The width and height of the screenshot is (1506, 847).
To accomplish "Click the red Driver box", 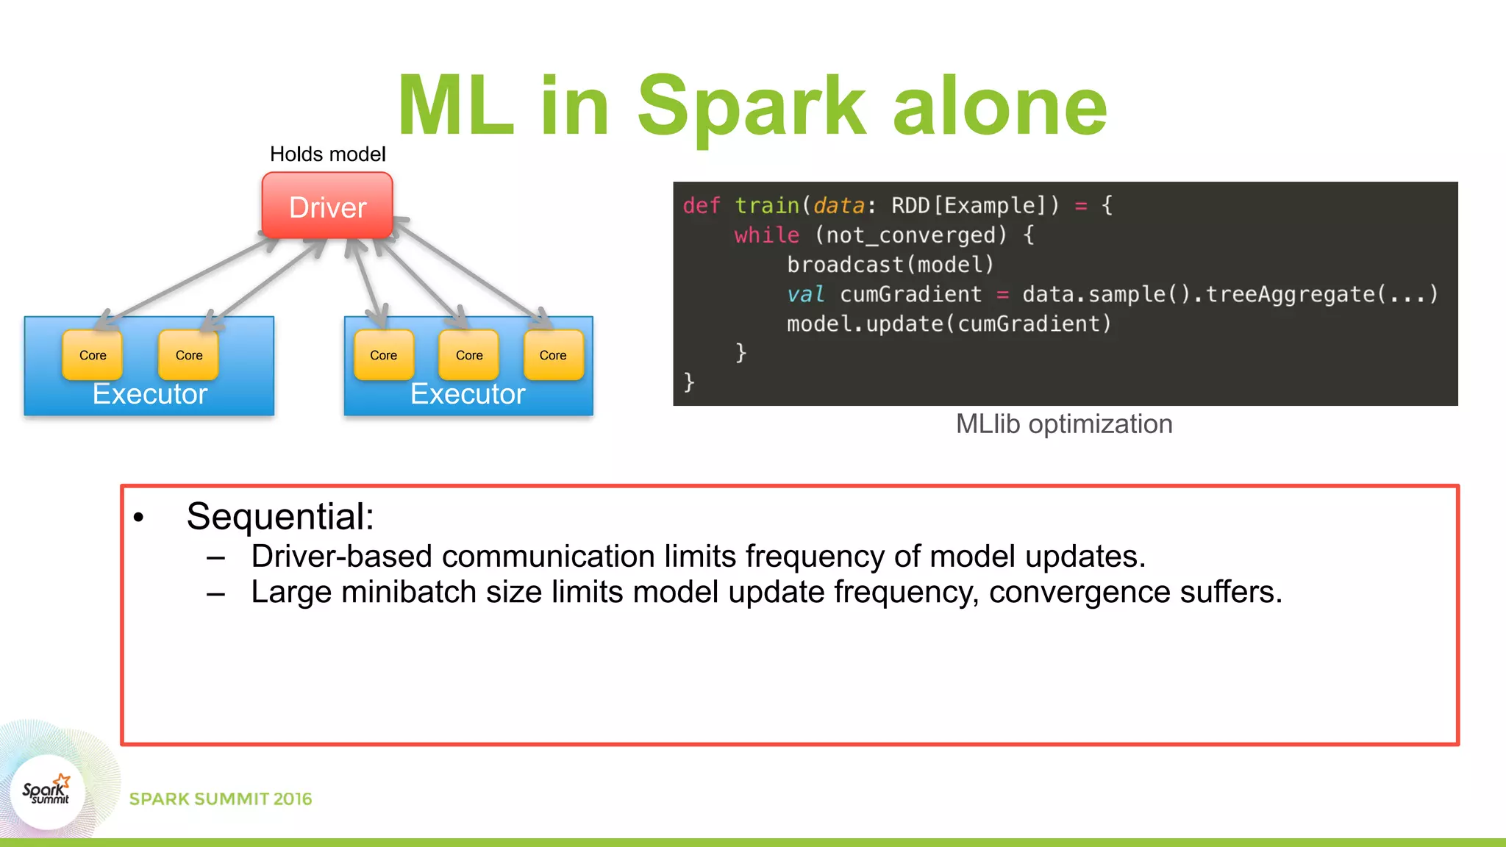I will click(327, 206).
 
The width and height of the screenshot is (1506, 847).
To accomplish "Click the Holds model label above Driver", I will click(327, 154).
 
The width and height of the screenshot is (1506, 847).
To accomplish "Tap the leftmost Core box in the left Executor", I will click(93, 355).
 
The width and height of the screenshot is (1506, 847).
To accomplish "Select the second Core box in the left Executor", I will click(189, 355).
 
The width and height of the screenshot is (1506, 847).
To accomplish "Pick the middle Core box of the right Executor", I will click(469, 355).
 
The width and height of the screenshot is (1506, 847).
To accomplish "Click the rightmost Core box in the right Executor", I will click(553, 355).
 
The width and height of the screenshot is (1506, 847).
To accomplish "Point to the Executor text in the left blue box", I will click(150, 394).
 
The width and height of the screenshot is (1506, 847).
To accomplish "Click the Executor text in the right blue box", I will click(468, 394).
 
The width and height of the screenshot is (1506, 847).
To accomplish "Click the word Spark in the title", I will click(752, 107).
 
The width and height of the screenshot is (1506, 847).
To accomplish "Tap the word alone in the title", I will click(1000, 107).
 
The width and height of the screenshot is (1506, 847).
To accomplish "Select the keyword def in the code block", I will click(702, 205).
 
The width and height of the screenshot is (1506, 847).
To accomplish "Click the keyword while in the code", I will click(766, 235).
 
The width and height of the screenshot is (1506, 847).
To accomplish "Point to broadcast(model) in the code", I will click(890, 265).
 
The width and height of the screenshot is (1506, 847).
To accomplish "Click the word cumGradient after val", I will click(910, 294).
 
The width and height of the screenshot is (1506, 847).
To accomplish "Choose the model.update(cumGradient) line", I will click(949, 324).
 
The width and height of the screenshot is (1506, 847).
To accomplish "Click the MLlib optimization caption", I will click(1063, 424).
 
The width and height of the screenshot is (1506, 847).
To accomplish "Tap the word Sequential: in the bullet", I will click(280, 516).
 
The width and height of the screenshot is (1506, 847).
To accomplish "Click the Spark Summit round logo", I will click(47, 791).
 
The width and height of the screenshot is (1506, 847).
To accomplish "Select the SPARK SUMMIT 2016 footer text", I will click(221, 799).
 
